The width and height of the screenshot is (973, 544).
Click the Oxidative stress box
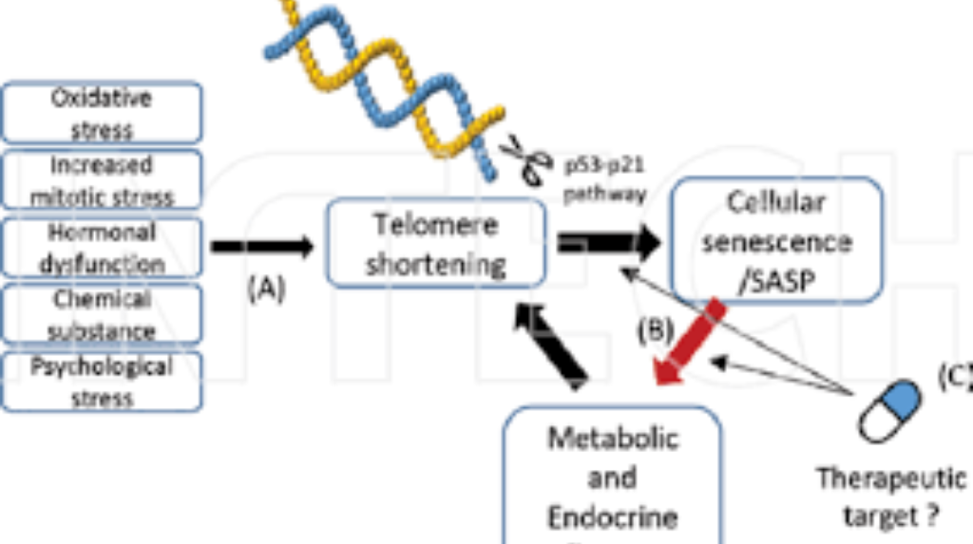point(102,112)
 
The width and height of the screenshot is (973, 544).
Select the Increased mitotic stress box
point(102,179)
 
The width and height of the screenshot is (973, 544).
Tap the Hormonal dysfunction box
point(102,247)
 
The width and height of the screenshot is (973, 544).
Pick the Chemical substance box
point(102,314)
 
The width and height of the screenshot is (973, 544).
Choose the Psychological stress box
point(102,381)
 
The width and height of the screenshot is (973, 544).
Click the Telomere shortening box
point(436,244)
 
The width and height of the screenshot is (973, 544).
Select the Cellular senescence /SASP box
point(776,240)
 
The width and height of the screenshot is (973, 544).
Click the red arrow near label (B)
point(690,345)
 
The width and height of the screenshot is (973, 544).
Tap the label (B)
point(655,329)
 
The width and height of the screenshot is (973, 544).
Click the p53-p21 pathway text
point(605,180)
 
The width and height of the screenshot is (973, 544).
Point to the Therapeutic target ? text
point(890,497)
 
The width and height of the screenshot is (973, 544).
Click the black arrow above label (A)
point(261,248)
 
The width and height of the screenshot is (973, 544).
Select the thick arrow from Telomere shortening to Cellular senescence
point(608,244)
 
